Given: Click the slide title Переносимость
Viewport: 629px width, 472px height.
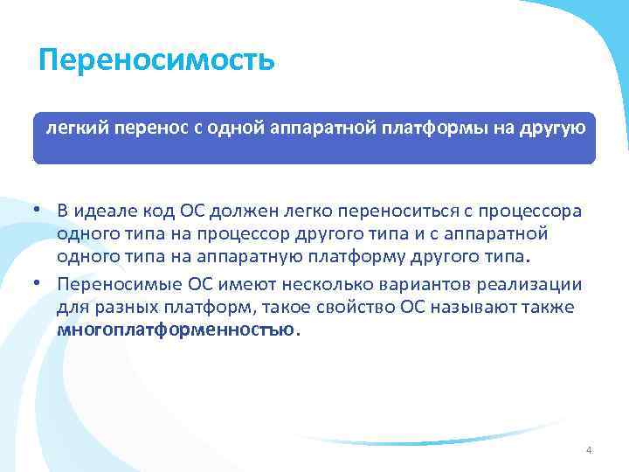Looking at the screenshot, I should (x=157, y=60).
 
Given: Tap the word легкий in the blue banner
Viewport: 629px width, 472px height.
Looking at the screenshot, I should (x=73, y=129).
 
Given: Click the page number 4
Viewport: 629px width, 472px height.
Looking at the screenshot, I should (x=588, y=450).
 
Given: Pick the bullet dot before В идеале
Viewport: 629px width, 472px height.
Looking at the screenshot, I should (x=39, y=212).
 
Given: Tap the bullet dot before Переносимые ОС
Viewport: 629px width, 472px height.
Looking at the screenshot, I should (x=39, y=283).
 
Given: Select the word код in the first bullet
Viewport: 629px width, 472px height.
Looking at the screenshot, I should (x=156, y=212).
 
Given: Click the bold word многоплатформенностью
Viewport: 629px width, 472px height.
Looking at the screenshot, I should (x=176, y=331).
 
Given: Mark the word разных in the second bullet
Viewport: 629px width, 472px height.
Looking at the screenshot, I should (x=113, y=308).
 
